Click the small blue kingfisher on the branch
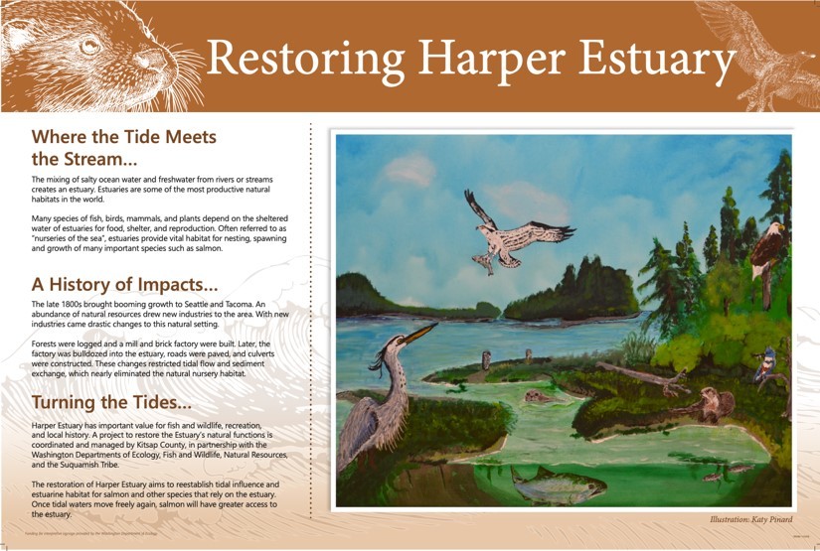coord(765,368)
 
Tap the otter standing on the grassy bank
coord(714,401)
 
